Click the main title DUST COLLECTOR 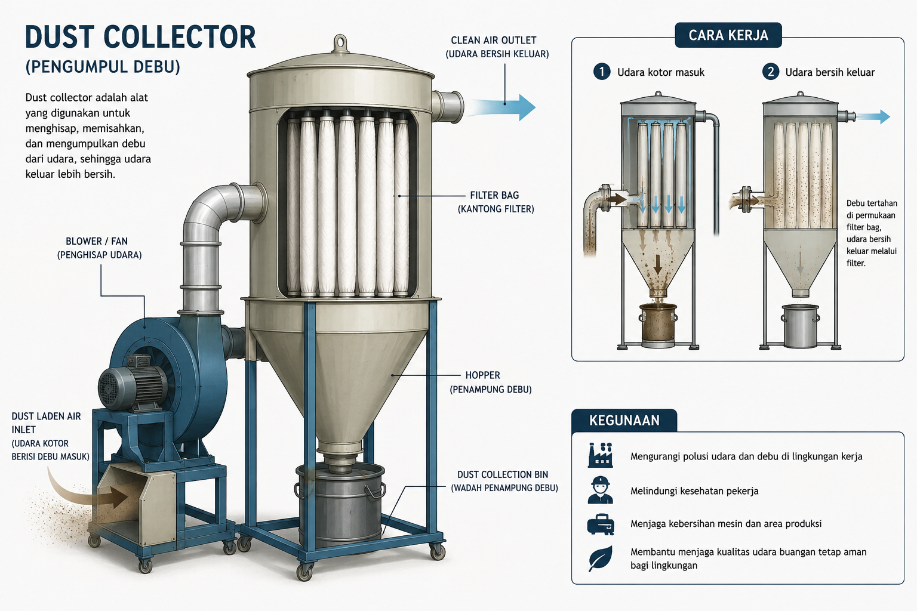pos(140,37)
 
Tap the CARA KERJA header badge pos(728,35)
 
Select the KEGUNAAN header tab pos(624,420)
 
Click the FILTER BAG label pos(494,195)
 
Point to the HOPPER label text pos(482,375)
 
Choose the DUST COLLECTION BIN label pos(502,475)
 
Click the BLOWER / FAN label pos(97,241)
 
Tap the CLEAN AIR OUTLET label pos(493,41)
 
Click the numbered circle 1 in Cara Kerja pos(601,72)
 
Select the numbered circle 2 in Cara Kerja pos(771,72)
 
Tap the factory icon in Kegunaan pos(600,455)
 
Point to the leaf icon pos(600,558)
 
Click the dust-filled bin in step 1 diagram pos(658,325)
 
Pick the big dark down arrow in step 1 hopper pos(657,264)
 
